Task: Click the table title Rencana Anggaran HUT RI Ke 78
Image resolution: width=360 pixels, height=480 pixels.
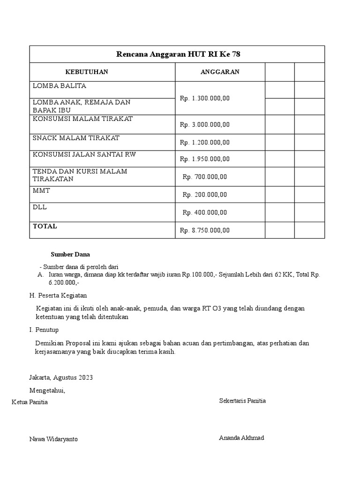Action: tap(178, 54)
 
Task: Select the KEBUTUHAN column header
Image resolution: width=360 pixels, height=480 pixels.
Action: tap(87, 72)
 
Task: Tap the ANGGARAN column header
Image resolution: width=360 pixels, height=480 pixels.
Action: tap(220, 72)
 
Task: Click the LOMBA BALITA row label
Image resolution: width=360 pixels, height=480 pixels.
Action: tap(60, 86)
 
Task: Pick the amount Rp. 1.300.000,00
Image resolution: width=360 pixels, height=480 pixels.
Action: tap(205, 98)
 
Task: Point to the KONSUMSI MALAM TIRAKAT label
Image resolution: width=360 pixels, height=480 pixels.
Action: tap(83, 119)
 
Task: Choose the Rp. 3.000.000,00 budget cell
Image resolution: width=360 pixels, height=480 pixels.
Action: tap(205, 125)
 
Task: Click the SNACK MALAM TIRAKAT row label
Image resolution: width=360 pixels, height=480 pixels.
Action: tap(76, 138)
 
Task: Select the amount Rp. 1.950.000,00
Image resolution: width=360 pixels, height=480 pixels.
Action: tap(205, 159)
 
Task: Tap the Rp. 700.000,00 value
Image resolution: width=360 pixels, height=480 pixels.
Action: tap(205, 177)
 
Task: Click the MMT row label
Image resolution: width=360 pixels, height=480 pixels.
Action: tap(41, 191)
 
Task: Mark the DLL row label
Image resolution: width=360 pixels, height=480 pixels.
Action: tap(40, 207)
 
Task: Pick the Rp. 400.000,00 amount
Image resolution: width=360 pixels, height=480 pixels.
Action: tap(205, 212)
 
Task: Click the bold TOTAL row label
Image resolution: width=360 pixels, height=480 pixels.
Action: tap(45, 226)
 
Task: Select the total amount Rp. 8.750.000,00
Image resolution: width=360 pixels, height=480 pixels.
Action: tap(205, 230)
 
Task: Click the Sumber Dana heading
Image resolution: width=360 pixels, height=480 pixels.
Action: tap(70, 254)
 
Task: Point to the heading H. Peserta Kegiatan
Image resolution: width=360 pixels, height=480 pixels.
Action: tap(58, 295)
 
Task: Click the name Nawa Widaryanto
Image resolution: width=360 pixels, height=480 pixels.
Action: tap(53, 439)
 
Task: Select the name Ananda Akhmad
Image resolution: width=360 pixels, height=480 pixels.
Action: tap(241, 438)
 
